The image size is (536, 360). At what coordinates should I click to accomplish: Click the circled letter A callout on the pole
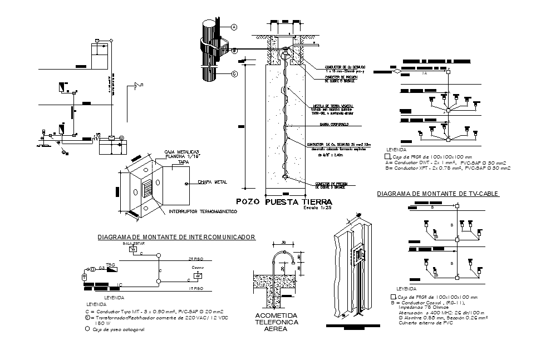click(x=234, y=27)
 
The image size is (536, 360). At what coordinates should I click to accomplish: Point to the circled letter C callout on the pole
click(x=234, y=73)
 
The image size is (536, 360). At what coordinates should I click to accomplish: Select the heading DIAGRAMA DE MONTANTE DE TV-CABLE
click(x=438, y=194)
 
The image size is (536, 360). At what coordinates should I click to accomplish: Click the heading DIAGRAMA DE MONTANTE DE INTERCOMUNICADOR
click(x=176, y=237)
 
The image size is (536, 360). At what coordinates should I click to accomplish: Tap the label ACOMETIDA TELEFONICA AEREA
click(x=276, y=322)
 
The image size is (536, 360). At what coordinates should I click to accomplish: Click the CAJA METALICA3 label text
click(x=182, y=152)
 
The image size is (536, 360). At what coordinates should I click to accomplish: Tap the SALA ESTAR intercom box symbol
click(x=133, y=249)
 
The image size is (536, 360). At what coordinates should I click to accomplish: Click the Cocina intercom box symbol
click(x=198, y=275)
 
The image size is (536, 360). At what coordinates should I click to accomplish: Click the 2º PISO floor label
click(x=194, y=259)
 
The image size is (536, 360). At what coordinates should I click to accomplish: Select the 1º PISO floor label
click(x=194, y=289)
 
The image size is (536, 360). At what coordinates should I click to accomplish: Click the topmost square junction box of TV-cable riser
click(x=457, y=206)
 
